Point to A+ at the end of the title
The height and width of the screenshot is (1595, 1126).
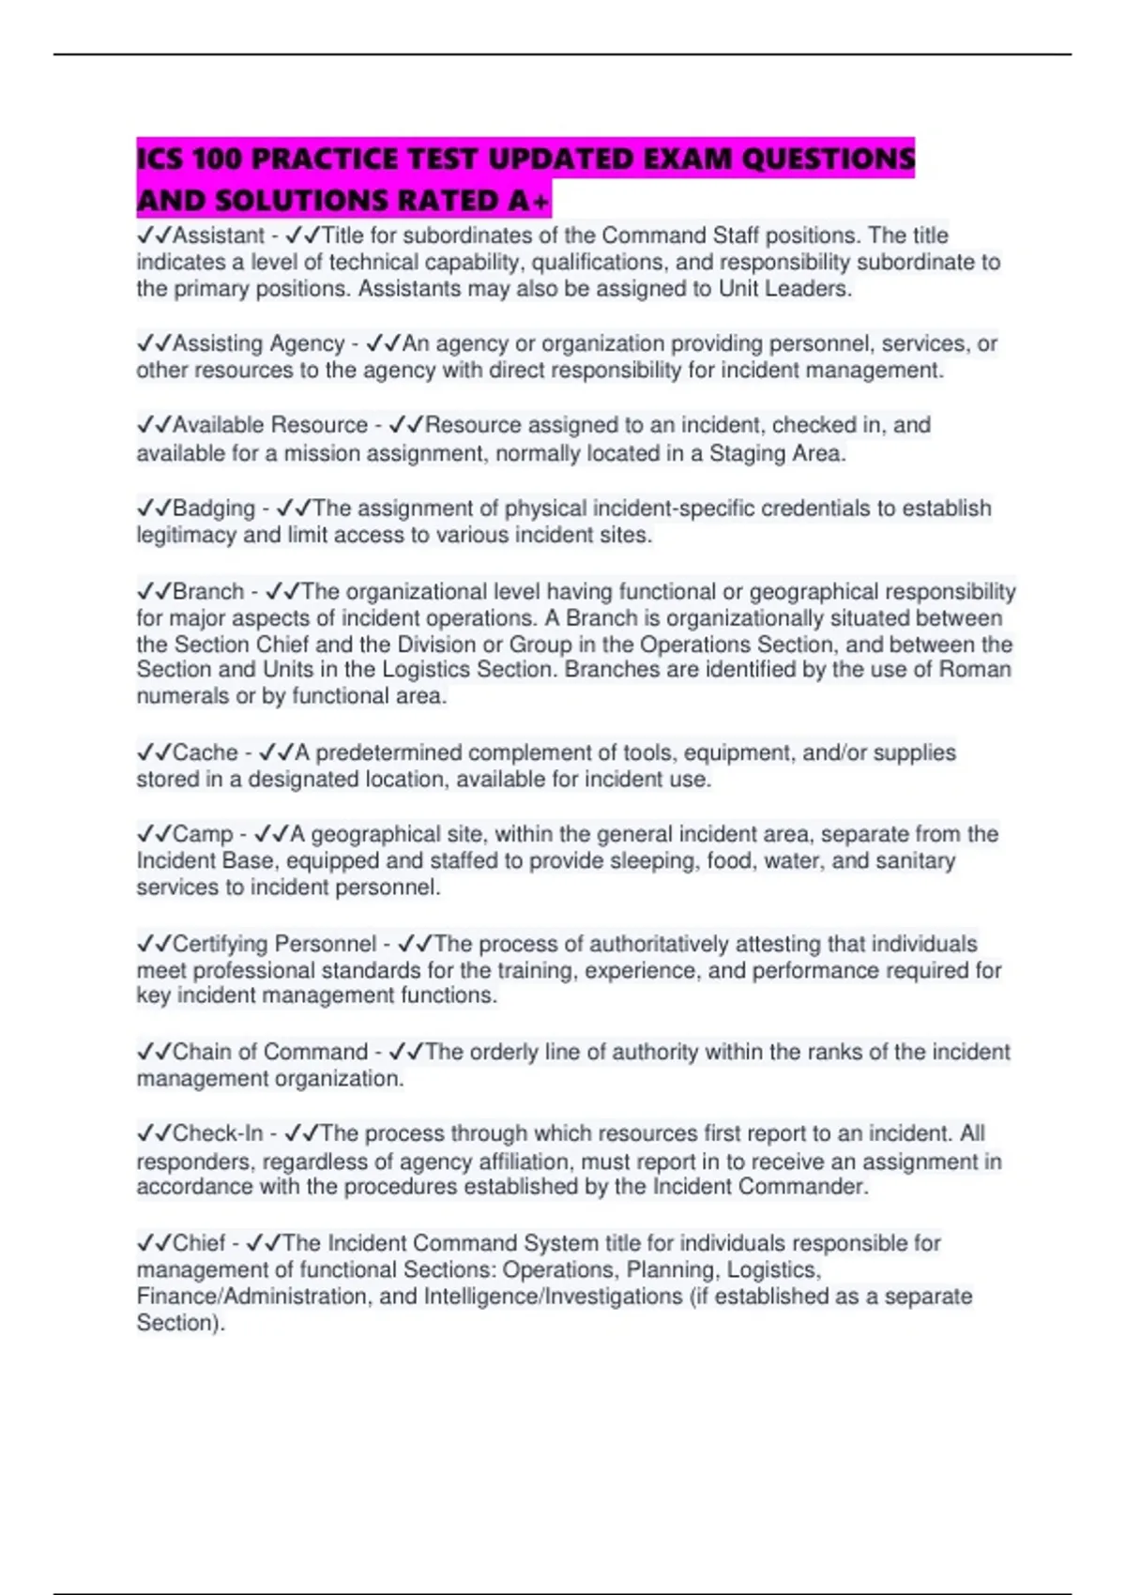click(x=529, y=201)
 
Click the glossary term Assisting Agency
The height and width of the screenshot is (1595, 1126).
click(x=258, y=343)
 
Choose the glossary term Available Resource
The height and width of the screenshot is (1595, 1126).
click(x=269, y=425)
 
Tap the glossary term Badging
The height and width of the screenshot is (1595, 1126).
click(x=213, y=509)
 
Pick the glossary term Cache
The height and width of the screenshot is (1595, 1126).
click(x=205, y=752)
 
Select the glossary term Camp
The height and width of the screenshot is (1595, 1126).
click(x=202, y=834)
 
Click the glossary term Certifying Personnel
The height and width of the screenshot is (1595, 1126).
click(x=274, y=944)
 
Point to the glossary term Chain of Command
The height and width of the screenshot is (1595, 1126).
click(x=269, y=1052)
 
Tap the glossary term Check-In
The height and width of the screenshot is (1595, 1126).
click(x=218, y=1133)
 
